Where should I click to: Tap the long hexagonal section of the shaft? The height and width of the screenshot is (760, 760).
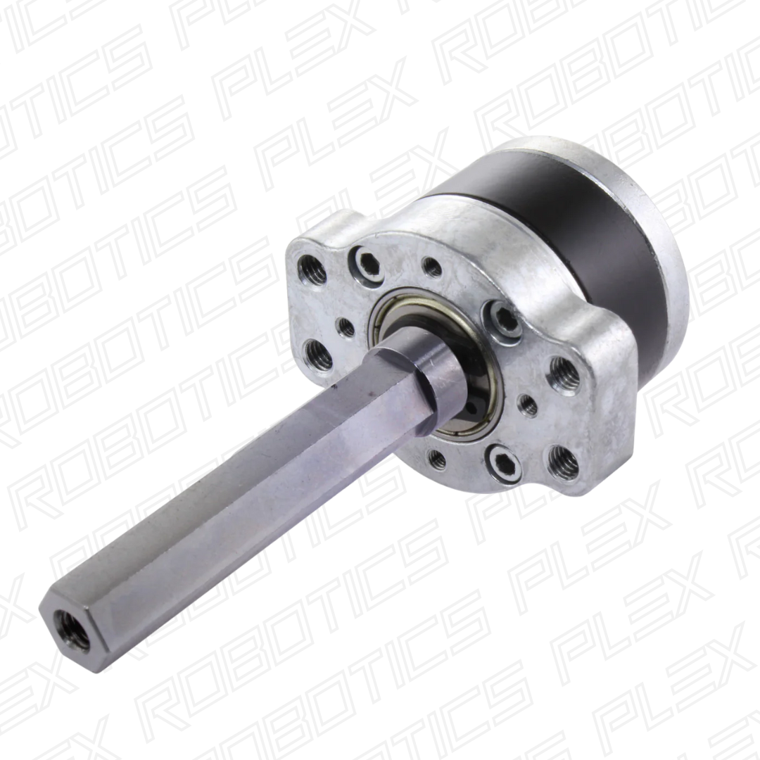[232, 493]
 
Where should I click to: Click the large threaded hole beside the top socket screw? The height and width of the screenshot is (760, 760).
[310, 267]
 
